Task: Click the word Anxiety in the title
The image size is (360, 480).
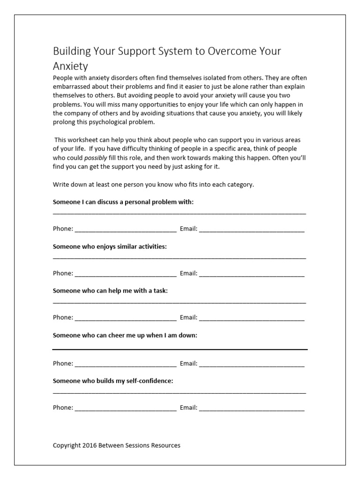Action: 70,67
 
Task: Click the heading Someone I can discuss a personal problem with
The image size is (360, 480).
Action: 123,202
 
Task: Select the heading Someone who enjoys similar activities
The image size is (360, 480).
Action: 110,246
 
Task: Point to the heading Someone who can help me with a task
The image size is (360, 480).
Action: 110,291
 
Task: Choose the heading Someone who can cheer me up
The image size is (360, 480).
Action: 125,335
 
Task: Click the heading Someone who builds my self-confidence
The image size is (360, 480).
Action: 113,381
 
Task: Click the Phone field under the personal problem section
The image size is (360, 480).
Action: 126,230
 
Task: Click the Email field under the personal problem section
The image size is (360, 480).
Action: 252,230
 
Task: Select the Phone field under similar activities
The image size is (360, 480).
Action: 126,274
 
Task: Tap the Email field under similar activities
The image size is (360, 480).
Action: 252,274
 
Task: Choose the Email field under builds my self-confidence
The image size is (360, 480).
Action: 252,408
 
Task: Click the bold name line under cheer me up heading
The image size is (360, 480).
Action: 180,350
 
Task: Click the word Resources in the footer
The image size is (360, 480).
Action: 165,445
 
